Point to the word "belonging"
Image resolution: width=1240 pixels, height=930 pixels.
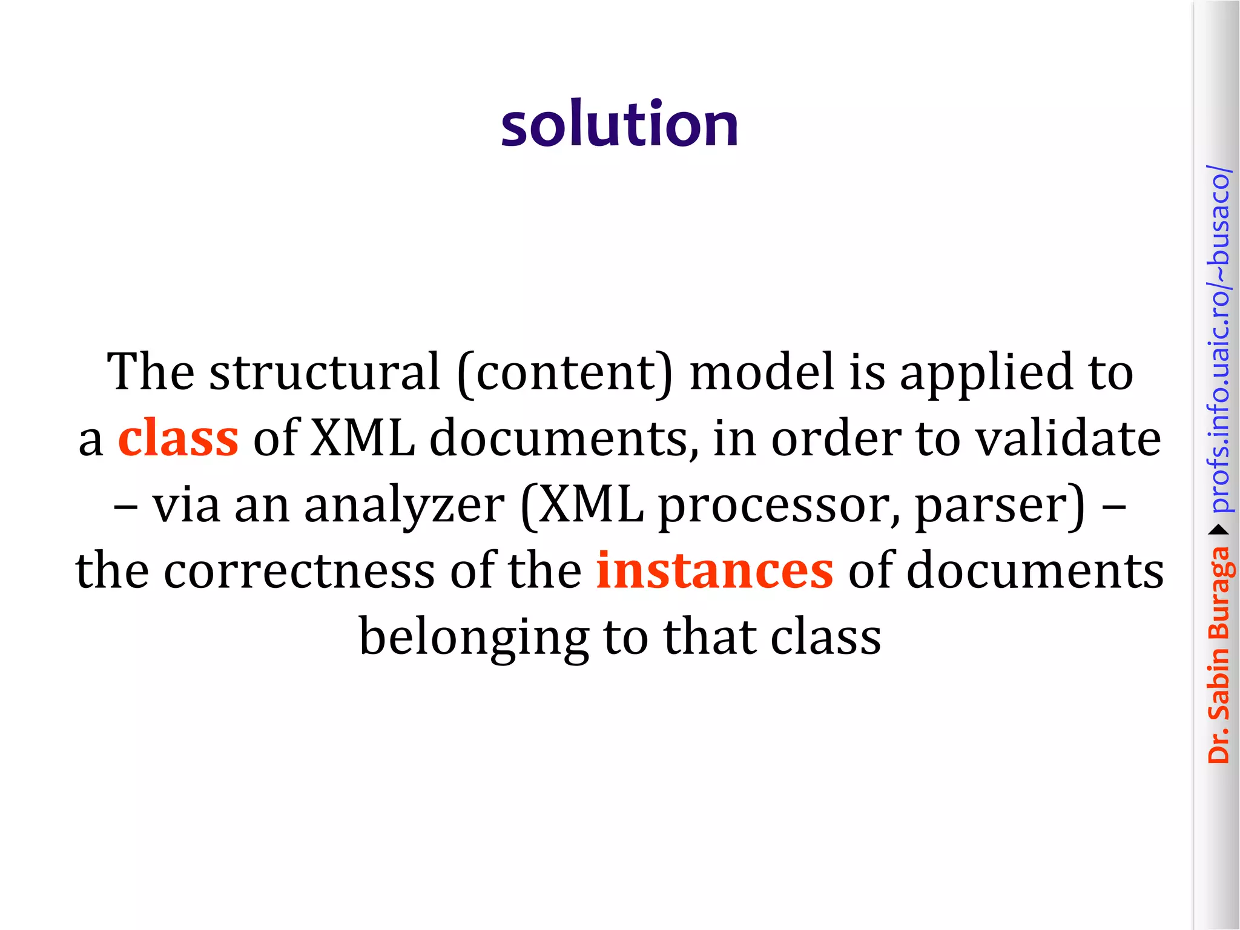pos(474,638)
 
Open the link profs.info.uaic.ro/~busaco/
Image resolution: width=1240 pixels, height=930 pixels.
pos(1218,339)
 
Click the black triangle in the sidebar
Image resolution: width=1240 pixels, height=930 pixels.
pos(1218,530)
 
